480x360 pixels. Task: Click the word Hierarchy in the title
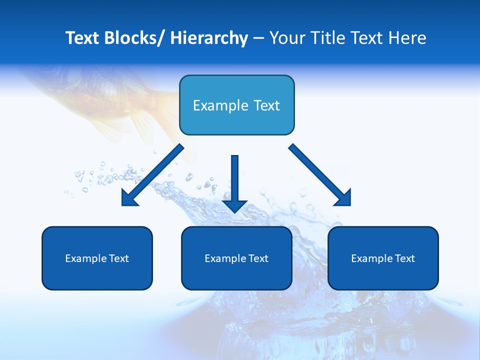point(209,38)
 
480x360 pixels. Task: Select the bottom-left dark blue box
point(97,258)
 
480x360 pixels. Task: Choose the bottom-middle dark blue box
point(236,258)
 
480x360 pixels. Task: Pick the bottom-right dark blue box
point(383,258)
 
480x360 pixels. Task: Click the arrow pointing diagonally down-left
point(152,175)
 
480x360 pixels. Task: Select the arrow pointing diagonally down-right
point(320,175)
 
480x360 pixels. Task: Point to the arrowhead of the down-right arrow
point(343,198)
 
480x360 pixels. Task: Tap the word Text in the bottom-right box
point(405,258)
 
